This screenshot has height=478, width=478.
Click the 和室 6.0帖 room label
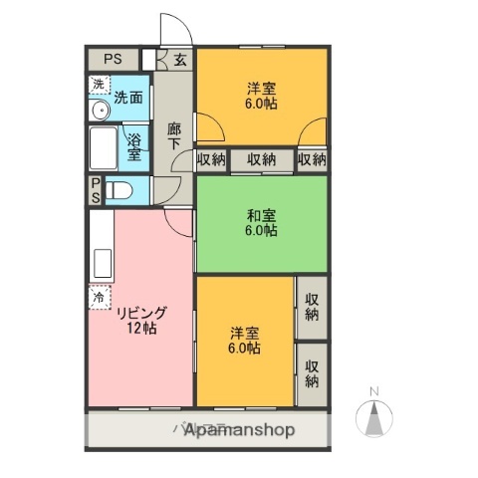pyautogui.click(x=261, y=222)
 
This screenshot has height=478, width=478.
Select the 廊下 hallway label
pyautogui.click(x=173, y=135)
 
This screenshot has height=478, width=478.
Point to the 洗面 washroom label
pyautogui.click(x=126, y=98)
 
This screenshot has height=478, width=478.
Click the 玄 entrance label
pyautogui.click(x=180, y=60)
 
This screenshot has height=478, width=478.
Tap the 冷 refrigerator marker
pyautogui.click(x=99, y=297)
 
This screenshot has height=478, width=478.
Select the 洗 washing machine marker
pyautogui.click(x=98, y=86)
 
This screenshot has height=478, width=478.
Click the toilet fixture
pyautogui.click(x=117, y=190)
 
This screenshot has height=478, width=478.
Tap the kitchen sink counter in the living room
pyautogui.click(x=103, y=261)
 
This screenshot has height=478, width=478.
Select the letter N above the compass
pyautogui.click(x=374, y=390)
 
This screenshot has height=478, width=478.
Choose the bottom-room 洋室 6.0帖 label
pyautogui.click(x=245, y=340)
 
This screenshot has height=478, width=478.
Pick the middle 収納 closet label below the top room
pyautogui.click(x=262, y=160)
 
